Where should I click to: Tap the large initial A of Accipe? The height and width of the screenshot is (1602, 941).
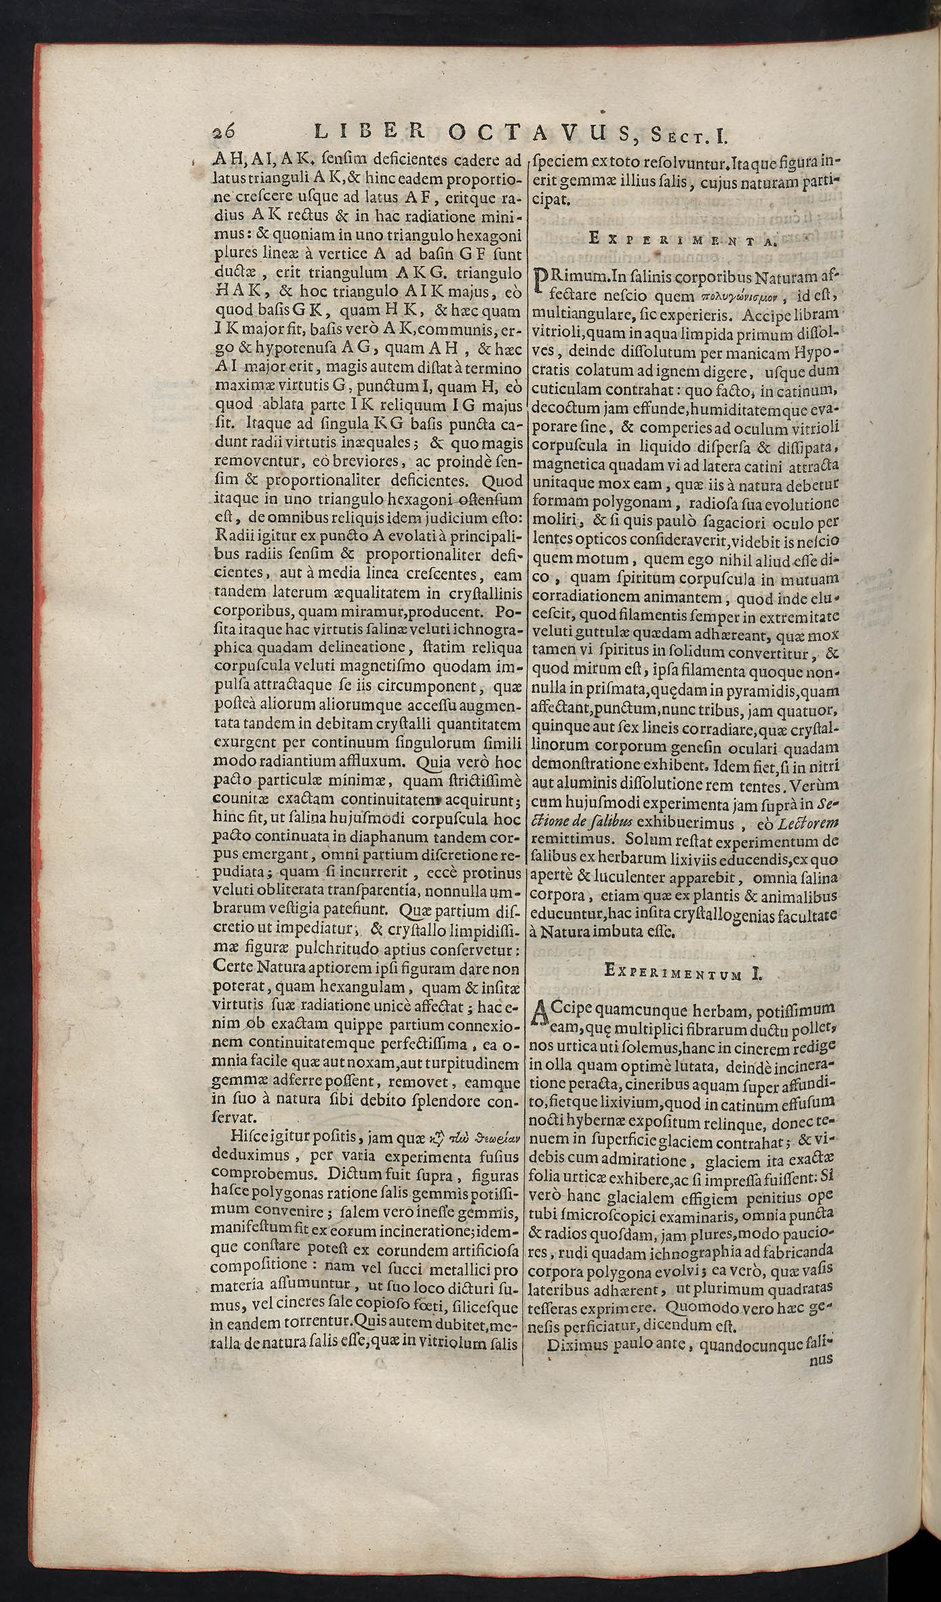tap(543, 1015)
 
